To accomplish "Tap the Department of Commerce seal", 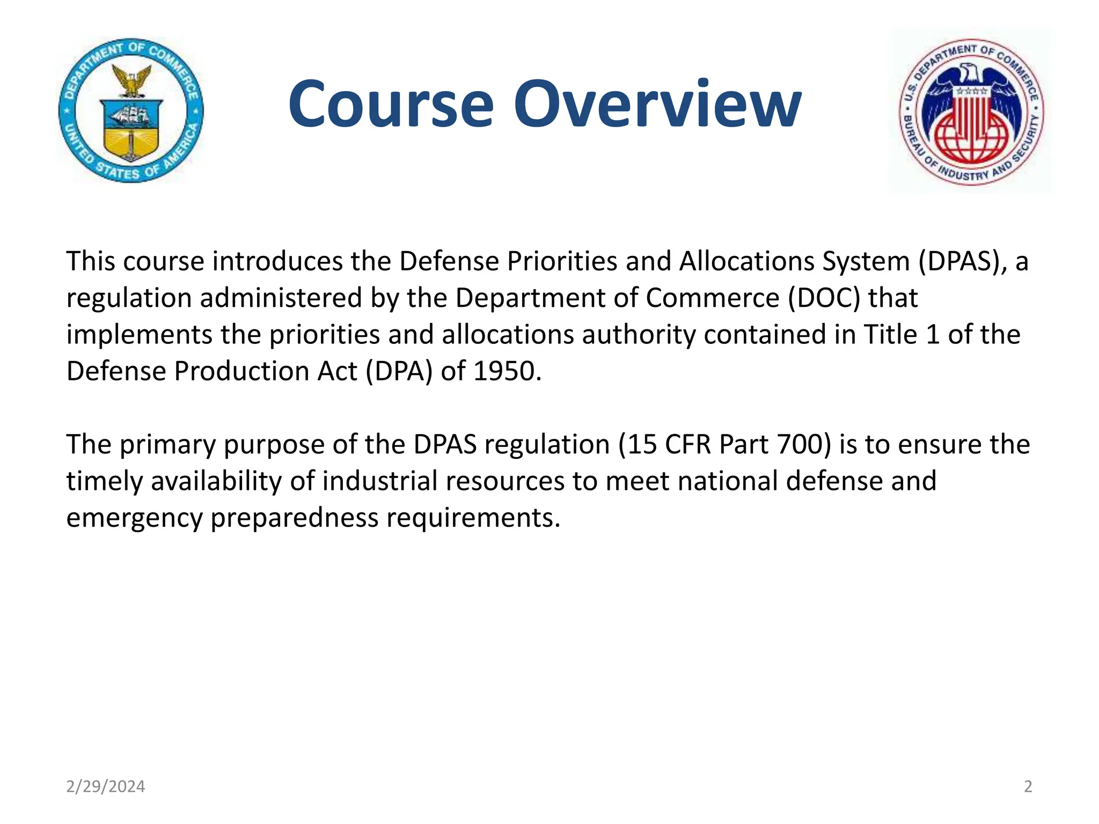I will coord(131,111).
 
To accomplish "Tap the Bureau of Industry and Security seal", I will coord(971,112).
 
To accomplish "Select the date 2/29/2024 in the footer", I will coord(105,786).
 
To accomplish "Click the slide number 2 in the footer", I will coord(1028,786).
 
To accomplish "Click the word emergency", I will coord(134,518).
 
